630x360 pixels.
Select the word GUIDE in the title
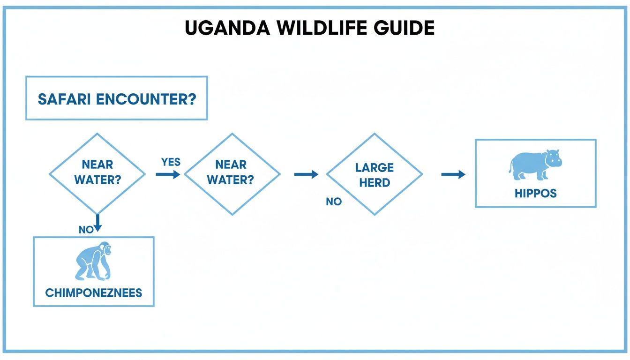pyautogui.click(x=404, y=29)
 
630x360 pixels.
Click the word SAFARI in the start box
pyautogui.click(x=65, y=99)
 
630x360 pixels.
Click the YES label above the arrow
pyautogui.click(x=171, y=162)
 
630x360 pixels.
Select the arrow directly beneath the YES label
pyautogui.click(x=168, y=174)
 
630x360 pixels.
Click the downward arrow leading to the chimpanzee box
pyautogui.click(x=97, y=223)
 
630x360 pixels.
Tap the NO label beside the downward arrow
pyautogui.click(x=86, y=230)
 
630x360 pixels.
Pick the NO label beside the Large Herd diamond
pyautogui.click(x=334, y=202)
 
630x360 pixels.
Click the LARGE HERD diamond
pyautogui.click(x=374, y=174)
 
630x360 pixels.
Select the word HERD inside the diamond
pyautogui.click(x=375, y=183)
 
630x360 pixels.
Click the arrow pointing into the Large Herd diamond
pyautogui.click(x=306, y=174)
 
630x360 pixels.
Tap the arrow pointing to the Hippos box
pyautogui.click(x=453, y=174)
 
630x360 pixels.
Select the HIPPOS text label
pyautogui.click(x=535, y=193)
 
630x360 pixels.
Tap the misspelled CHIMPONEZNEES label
pyautogui.click(x=94, y=293)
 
